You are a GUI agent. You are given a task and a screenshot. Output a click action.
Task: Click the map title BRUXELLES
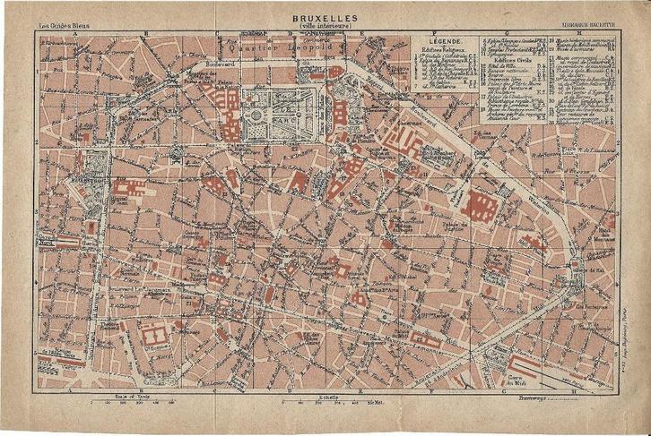[x=325, y=17]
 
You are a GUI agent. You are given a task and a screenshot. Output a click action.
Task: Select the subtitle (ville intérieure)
[x=325, y=26]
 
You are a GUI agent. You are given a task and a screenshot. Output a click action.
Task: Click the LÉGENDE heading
[x=447, y=42]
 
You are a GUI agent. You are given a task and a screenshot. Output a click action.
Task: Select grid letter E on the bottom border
[x=360, y=390]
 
